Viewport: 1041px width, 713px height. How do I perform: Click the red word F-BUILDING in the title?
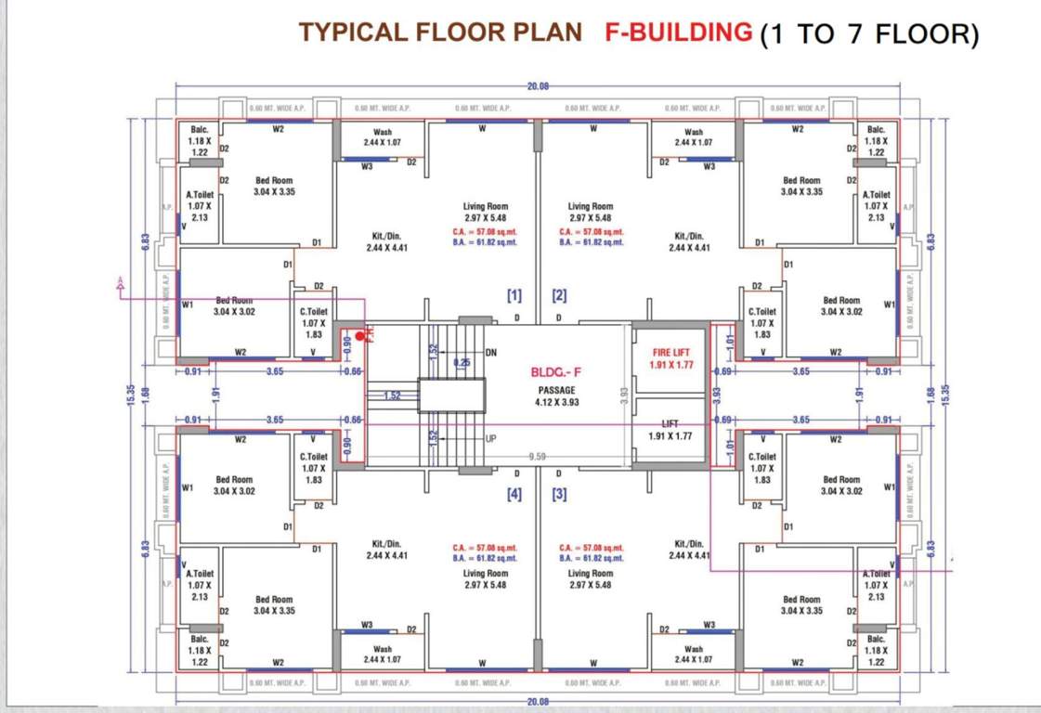click(678, 32)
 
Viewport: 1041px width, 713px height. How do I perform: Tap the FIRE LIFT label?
click(670, 353)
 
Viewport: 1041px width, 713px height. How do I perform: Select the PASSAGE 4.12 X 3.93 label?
click(557, 396)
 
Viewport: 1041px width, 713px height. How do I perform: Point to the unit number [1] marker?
click(514, 296)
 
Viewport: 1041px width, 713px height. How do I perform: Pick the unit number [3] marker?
click(559, 495)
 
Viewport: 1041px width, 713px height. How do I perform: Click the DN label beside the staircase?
click(492, 353)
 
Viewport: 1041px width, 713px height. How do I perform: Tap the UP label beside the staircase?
click(491, 436)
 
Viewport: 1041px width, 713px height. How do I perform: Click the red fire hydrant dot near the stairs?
click(360, 335)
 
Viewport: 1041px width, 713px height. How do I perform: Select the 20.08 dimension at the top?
click(538, 85)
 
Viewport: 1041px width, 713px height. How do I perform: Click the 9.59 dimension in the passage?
click(537, 457)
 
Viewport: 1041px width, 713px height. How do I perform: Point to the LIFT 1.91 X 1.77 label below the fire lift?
click(670, 430)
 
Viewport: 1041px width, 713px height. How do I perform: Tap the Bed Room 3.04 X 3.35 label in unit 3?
click(801, 604)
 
